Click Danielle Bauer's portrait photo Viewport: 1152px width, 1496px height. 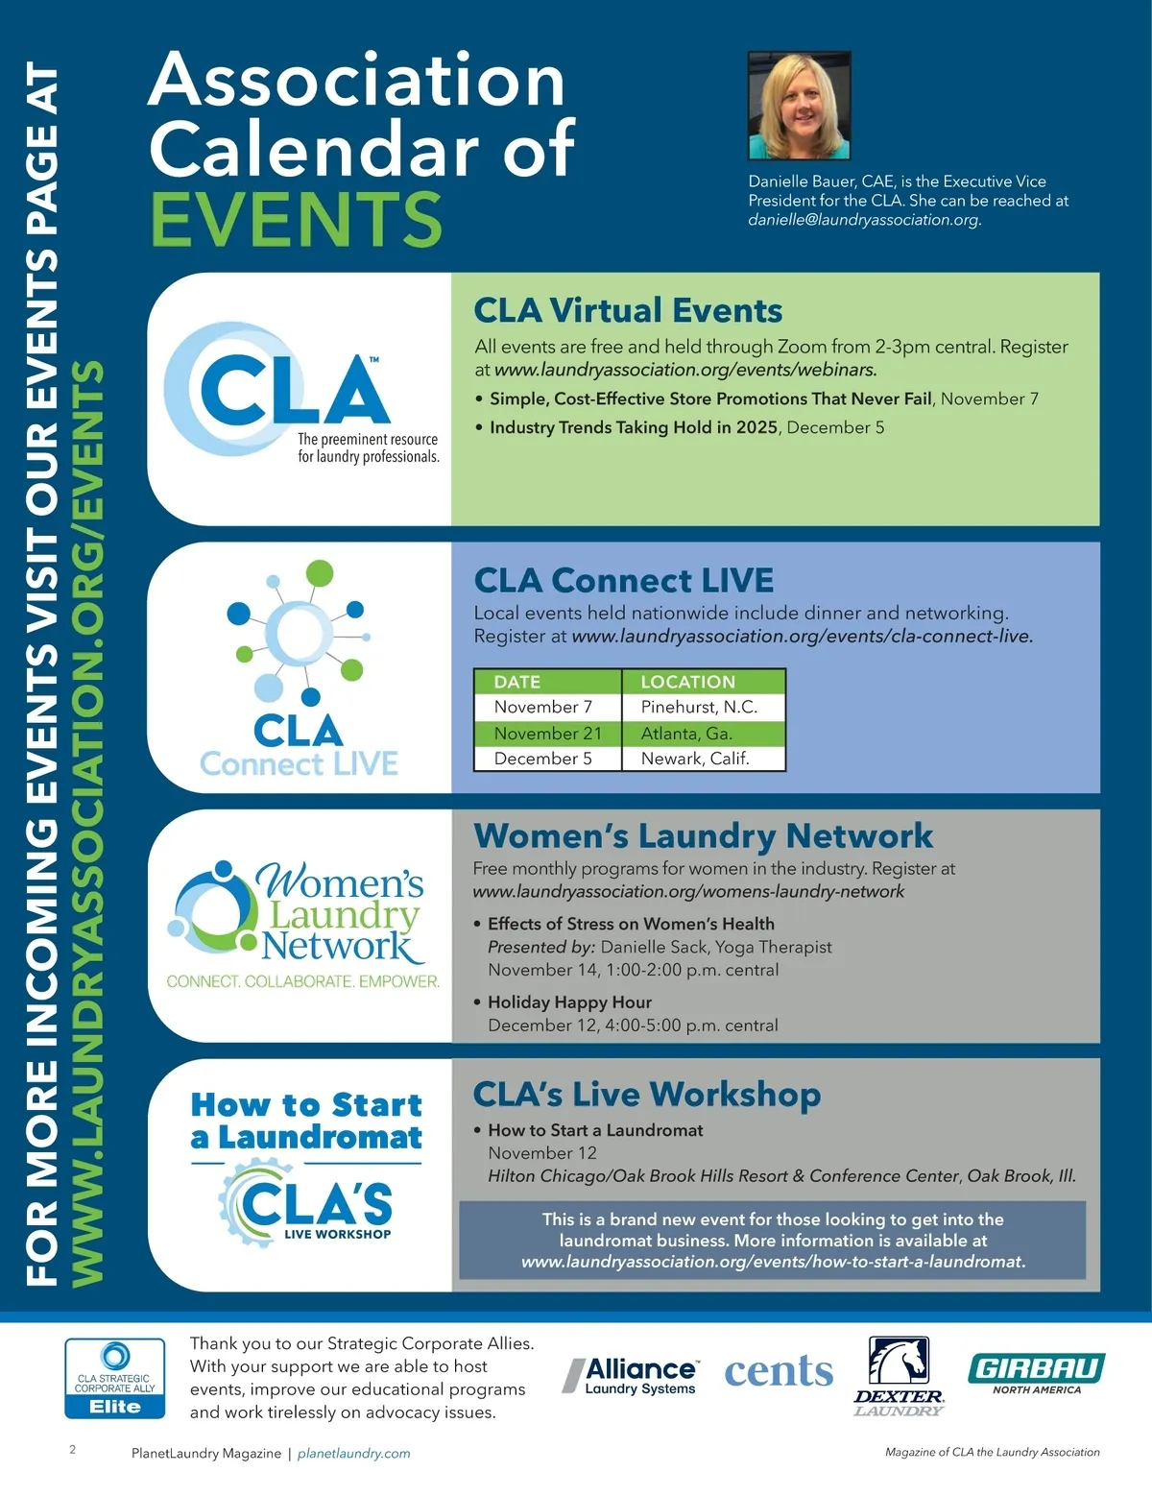799,106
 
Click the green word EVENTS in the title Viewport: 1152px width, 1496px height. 297,219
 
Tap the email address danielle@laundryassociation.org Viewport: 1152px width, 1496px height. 863,220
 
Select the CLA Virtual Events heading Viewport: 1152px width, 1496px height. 628,310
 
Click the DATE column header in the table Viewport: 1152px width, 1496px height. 517,682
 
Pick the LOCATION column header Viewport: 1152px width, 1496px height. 687,682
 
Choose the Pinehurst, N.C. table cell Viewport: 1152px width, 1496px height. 699,707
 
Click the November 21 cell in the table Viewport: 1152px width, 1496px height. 547,734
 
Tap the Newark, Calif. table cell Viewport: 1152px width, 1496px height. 695,759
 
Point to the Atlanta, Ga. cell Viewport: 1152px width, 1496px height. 686,734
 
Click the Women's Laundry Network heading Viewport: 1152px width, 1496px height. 703,835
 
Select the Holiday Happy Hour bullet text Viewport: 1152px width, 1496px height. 569,1002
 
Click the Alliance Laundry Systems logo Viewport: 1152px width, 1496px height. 633,1375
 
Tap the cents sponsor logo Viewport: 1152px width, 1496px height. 779,1371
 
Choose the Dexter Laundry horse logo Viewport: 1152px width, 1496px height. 899,1375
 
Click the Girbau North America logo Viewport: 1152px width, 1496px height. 1036,1373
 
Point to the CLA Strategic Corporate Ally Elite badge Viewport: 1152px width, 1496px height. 115,1379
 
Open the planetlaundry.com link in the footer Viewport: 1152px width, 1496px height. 353,1454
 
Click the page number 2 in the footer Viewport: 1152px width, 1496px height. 73,1450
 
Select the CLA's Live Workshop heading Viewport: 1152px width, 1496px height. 647,1095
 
